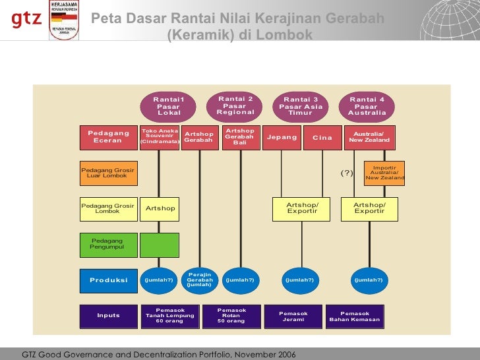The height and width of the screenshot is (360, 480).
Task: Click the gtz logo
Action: click(x=26, y=20)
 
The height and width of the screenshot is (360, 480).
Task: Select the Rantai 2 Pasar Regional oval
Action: click(x=235, y=105)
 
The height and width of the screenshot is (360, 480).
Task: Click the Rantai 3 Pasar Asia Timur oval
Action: click(x=301, y=105)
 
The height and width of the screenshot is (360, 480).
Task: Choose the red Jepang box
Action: click(x=282, y=138)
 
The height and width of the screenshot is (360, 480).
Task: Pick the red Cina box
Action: click(x=322, y=138)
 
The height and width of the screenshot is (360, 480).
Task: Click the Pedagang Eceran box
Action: click(x=109, y=138)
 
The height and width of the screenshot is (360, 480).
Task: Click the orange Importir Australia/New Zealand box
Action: click(x=384, y=173)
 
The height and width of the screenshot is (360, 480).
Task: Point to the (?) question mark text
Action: click(x=347, y=173)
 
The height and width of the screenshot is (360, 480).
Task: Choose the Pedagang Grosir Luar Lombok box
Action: click(x=109, y=173)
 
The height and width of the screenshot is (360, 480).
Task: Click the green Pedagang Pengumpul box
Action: click(x=109, y=245)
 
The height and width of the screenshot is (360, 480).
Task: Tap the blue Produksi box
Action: click(x=109, y=280)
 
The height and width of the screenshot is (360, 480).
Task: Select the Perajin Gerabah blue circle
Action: click(x=199, y=280)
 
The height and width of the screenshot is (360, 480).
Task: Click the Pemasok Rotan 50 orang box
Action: click(x=231, y=316)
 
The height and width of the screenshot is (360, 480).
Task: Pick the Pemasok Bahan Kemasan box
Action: click(x=355, y=316)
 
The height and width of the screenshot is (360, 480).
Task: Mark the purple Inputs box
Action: click(x=109, y=316)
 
